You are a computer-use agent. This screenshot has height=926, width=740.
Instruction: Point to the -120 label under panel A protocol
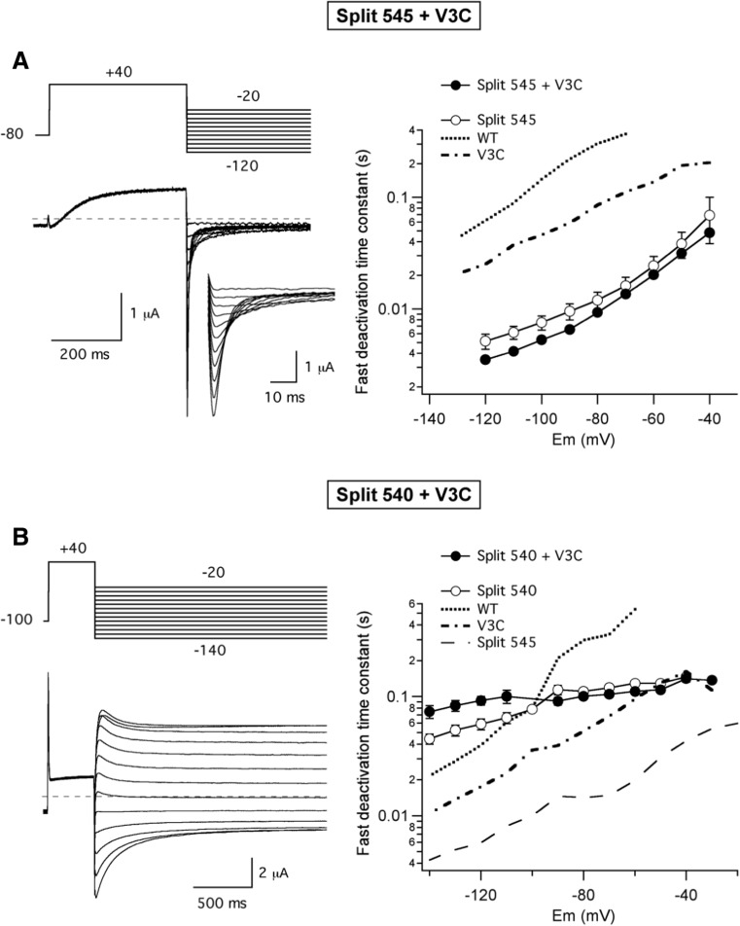click(x=249, y=165)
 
